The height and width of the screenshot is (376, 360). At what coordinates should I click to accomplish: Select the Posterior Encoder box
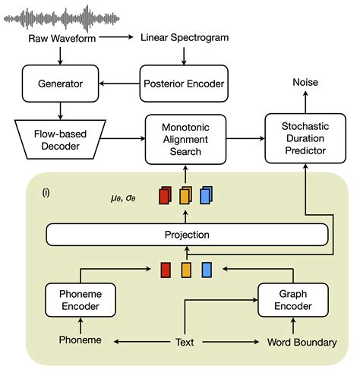point(180,81)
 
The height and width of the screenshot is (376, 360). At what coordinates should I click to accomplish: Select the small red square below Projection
point(165,270)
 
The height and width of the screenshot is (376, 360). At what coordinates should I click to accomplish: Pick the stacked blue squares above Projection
point(207,196)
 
